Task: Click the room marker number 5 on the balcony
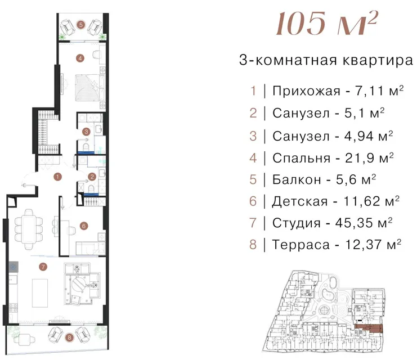[81, 25]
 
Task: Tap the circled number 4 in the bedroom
[80, 58]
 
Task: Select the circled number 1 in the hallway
[57, 177]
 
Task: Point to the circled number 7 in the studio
[43, 267]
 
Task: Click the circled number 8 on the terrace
[69, 337]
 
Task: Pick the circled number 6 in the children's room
[84, 226]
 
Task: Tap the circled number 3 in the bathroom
[86, 132]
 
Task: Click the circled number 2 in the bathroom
[92, 177]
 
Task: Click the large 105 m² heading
[326, 24]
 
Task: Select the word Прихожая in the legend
[306, 91]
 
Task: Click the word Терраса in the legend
[301, 245]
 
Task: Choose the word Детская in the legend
[300, 201]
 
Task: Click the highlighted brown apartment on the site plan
[369, 329]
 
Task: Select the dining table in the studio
[29, 229]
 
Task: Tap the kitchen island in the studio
[40, 293]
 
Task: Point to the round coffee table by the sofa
[78, 284]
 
